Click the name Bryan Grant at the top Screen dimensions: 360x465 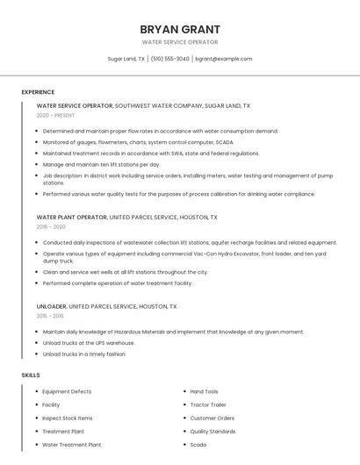pyautogui.click(x=180, y=29)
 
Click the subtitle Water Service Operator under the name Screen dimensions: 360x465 pyautogui.click(x=180, y=42)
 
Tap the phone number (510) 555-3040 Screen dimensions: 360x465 pyautogui.click(x=169, y=59)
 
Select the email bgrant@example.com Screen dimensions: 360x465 pyautogui.click(x=224, y=59)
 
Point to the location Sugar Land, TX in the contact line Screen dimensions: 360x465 pyautogui.click(x=126, y=59)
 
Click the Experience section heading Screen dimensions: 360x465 pyautogui.click(x=38, y=92)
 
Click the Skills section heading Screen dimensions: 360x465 pyautogui.click(x=31, y=375)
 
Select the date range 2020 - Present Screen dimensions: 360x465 pyautogui.click(x=55, y=115)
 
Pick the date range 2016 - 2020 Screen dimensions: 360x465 pyautogui.click(x=52, y=226)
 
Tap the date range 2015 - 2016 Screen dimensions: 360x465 pyautogui.click(x=50, y=316)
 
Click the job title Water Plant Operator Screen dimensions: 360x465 pyautogui.click(x=71, y=217)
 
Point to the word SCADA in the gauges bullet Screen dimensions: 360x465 pyautogui.click(x=225, y=141)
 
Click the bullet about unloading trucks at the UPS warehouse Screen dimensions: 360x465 pyautogui.click(x=89, y=343)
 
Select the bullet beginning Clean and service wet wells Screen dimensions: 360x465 pyautogui.click(x=126, y=272)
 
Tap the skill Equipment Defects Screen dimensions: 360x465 pyautogui.click(x=67, y=391)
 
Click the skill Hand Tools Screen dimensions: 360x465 pyautogui.click(x=205, y=391)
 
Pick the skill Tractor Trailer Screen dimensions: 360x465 pyautogui.click(x=208, y=404)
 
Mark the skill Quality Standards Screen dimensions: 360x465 pyautogui.click(x=212, y=432)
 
